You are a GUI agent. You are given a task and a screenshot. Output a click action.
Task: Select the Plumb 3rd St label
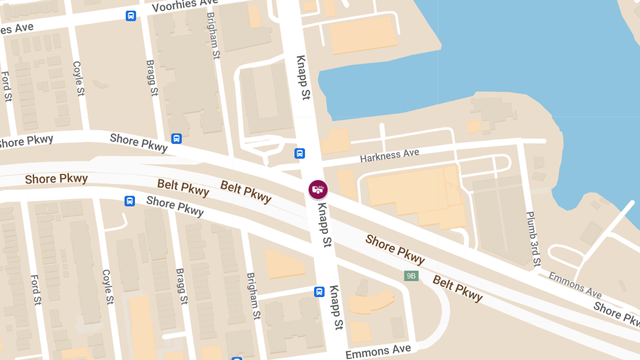[x=533, y=238]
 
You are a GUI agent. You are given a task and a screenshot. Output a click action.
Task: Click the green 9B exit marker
[x=411, y=276]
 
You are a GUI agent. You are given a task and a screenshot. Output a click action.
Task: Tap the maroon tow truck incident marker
[x=318, y=189]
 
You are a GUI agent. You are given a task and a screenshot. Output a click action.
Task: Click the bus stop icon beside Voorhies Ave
[x=131, y=16]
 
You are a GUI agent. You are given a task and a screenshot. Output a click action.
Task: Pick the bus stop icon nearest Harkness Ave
[x=300, y=154]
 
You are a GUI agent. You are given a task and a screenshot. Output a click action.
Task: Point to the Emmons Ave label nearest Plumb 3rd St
[x=575, y=285]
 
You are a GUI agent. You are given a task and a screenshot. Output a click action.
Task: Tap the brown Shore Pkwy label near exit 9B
[x=395, y=249]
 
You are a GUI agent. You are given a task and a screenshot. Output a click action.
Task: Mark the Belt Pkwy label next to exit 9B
[x=458, y=289]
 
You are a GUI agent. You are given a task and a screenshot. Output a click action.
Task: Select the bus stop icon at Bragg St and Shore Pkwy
[x=177, y=139]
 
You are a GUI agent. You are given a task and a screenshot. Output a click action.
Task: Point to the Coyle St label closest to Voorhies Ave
[x=79, y=78]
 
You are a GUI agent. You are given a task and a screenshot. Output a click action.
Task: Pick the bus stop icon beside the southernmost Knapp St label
[x=319, y=292]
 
